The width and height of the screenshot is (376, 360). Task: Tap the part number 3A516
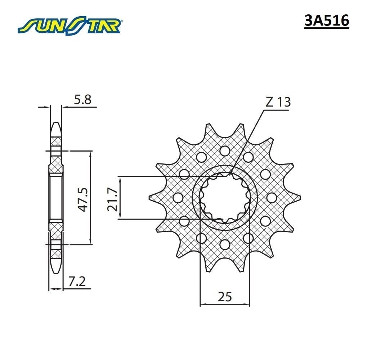click(327, 21)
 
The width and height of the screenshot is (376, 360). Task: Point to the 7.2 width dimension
click(77, 281)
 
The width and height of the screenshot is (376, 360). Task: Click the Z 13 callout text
click(278, 102)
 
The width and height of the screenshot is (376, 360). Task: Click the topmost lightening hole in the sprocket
click(225, 150)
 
